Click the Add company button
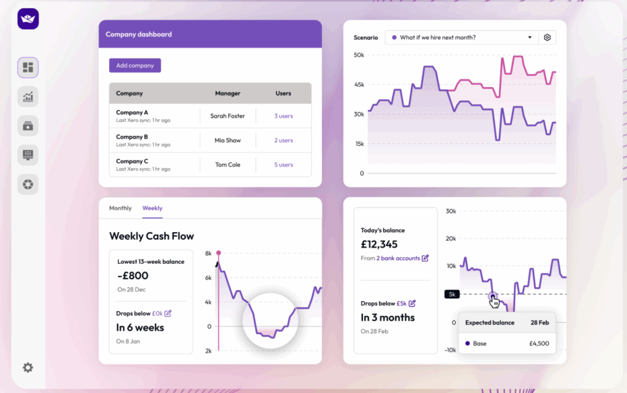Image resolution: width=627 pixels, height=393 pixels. pyautogui.click(x=135, y=65)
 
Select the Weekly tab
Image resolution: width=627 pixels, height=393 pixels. pyautogui.click(x=152, y=208)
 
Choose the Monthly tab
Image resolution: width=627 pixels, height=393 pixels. pyautogui.click(x=120, y=208)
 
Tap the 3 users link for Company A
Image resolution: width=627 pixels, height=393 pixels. pyautogui.click(x=283, y=116)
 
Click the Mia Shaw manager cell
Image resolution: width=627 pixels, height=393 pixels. pyautogui.click(x=228, y=140)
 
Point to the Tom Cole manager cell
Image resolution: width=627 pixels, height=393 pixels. pyautogui.click(x=228, y=165)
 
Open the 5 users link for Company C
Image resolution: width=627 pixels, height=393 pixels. pyautogui.click(x=283, y=165)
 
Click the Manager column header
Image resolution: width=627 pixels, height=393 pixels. pyautogui.click(x=228, y=94)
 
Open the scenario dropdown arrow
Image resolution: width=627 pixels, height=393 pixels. pyautogui.click(x=530, y=38)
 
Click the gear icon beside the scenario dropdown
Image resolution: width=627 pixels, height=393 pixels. pyautogui.click(x=547, y=38)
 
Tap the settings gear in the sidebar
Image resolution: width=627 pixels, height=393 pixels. pyautogui.click(x=28, y=367)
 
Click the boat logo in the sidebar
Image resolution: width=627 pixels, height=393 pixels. pyautogui.click(x=28, y=19)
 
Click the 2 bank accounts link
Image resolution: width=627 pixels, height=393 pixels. pyautogui.click(x=398, y=258)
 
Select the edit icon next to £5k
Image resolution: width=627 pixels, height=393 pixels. pyautogui.click(x=412, y=304)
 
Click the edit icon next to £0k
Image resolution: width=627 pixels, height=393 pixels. pyautogui.click(x=168, y=313)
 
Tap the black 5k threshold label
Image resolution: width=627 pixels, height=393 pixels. pyautogui.click(x=451, y=294)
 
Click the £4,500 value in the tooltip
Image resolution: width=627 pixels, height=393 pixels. pyautogui.click(x=538, y=343)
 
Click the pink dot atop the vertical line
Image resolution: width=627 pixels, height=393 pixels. pyautogui.click(x=219, y=252)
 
